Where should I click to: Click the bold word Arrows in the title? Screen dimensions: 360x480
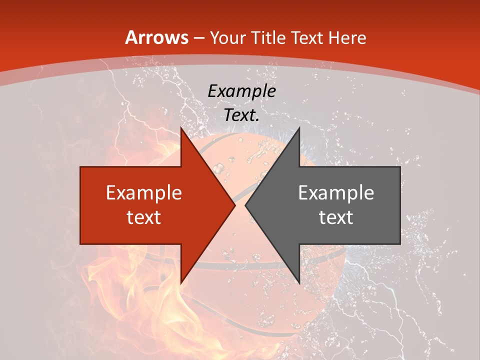156,37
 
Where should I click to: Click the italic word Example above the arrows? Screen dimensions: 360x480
241,91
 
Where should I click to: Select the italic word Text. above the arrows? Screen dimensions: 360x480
241,115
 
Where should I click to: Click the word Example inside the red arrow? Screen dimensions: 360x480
144,192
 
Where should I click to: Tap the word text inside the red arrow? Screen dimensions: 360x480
144,217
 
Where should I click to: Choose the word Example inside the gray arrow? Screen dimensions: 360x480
336,192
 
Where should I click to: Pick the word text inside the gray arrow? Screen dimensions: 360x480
336,217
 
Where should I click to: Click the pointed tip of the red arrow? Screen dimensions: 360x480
235,205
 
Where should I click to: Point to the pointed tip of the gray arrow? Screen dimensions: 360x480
245,205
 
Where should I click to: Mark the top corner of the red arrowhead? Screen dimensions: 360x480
181,128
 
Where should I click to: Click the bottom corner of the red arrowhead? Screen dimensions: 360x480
181,283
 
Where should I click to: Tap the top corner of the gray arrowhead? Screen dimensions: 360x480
299,128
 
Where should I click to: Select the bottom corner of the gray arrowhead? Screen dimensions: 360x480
299,283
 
